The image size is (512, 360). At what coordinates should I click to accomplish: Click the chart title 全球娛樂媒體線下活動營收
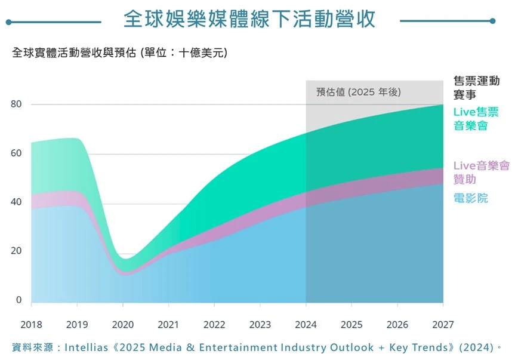pyautogui.click(x=249, y=19)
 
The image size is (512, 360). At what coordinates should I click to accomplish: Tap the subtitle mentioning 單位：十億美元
pyautogui.click(x=119, y=53)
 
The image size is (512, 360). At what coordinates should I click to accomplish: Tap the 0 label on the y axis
pyautogui.click(x=18, y=300)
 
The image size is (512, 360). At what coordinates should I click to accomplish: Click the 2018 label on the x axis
pyautogui.click(x=31, y=325)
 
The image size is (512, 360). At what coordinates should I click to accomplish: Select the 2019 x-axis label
pyautogui.click(x=77, y=325)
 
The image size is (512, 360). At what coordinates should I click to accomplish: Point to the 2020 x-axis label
pyautogui.click(x=122, y=325)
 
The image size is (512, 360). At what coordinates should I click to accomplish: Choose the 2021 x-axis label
pyautogui.click(x=168, y=325)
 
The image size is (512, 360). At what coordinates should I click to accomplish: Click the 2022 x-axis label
pyautogui.click(x=214, y=325)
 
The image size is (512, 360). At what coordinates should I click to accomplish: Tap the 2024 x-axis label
pyautogui.click(x=306, y=325)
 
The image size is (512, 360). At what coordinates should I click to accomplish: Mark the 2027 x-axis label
pyautogui.click(x=443, y=325)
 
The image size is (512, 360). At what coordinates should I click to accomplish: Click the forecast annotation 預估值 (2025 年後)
pyautogui.click(x=359, y=92)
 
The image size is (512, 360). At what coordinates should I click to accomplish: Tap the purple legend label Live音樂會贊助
pyautogui.click(x=481, y=172)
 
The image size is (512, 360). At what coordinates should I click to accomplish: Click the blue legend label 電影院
pyautogui.click(x=470, y=198)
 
